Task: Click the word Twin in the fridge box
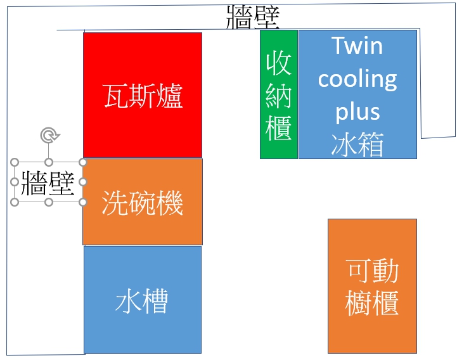pyautogui.click(x=357, y=46)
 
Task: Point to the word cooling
pyautogui.click(x=357, y=79)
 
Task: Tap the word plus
pyautogui.click(x=357, y=112)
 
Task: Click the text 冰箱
pyautogui.click(x=357, y=145)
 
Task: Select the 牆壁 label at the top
pyautogui.click(x=252, y=17)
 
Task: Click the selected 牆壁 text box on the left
pyautogui.click(x=48, y=182)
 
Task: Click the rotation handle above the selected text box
pyautogui.click(x=49, y=134)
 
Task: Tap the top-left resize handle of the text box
pyautogui.click(x=15, y=162)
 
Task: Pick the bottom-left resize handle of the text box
pyautogui.click(x=15, y=202)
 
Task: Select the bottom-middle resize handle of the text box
pyautogui.click(x=49, y=202)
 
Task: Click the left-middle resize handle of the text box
pyautogui.click(x=15, y=182)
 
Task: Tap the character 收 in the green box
pyautogui.click(x=279, y=63)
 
